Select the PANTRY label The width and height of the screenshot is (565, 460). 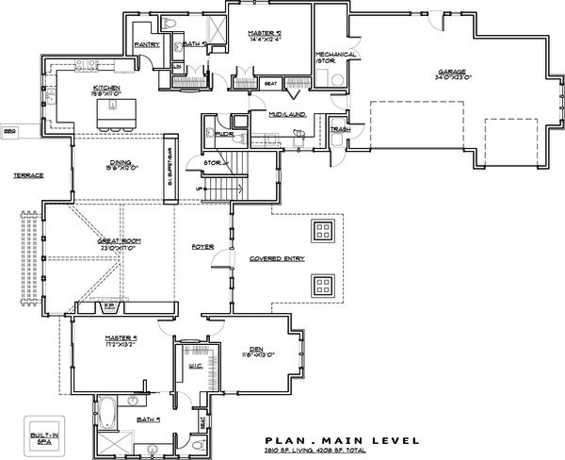[146, 43]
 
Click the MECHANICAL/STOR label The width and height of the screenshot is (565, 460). [335, 59]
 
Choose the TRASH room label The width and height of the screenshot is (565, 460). [339, 129]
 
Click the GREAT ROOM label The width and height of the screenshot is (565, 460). [118, 243]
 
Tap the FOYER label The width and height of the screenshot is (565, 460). [202, 247]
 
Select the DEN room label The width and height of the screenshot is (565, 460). [256, 350]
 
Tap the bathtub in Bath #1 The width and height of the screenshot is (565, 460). [106, 411]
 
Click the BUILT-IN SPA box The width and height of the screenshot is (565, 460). [40, 436]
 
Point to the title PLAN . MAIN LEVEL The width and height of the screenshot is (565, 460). [334, 439]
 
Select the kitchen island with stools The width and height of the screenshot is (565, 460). [116, 112]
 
